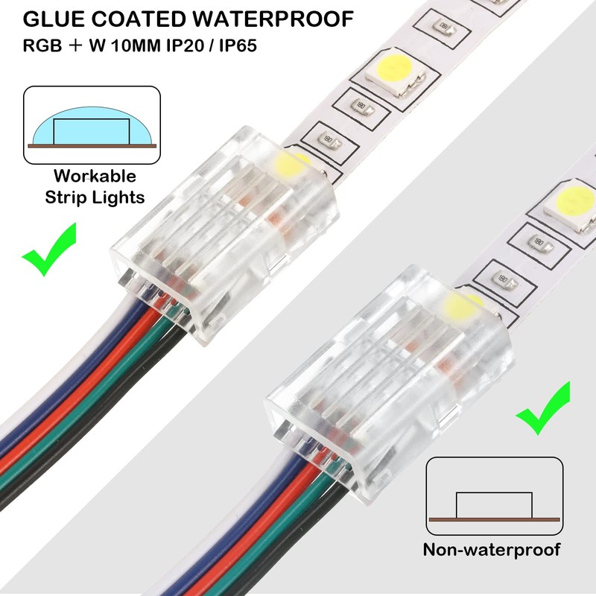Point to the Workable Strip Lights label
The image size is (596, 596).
click(x=94, y=187)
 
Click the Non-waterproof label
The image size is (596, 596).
click(x=492, y=551)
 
